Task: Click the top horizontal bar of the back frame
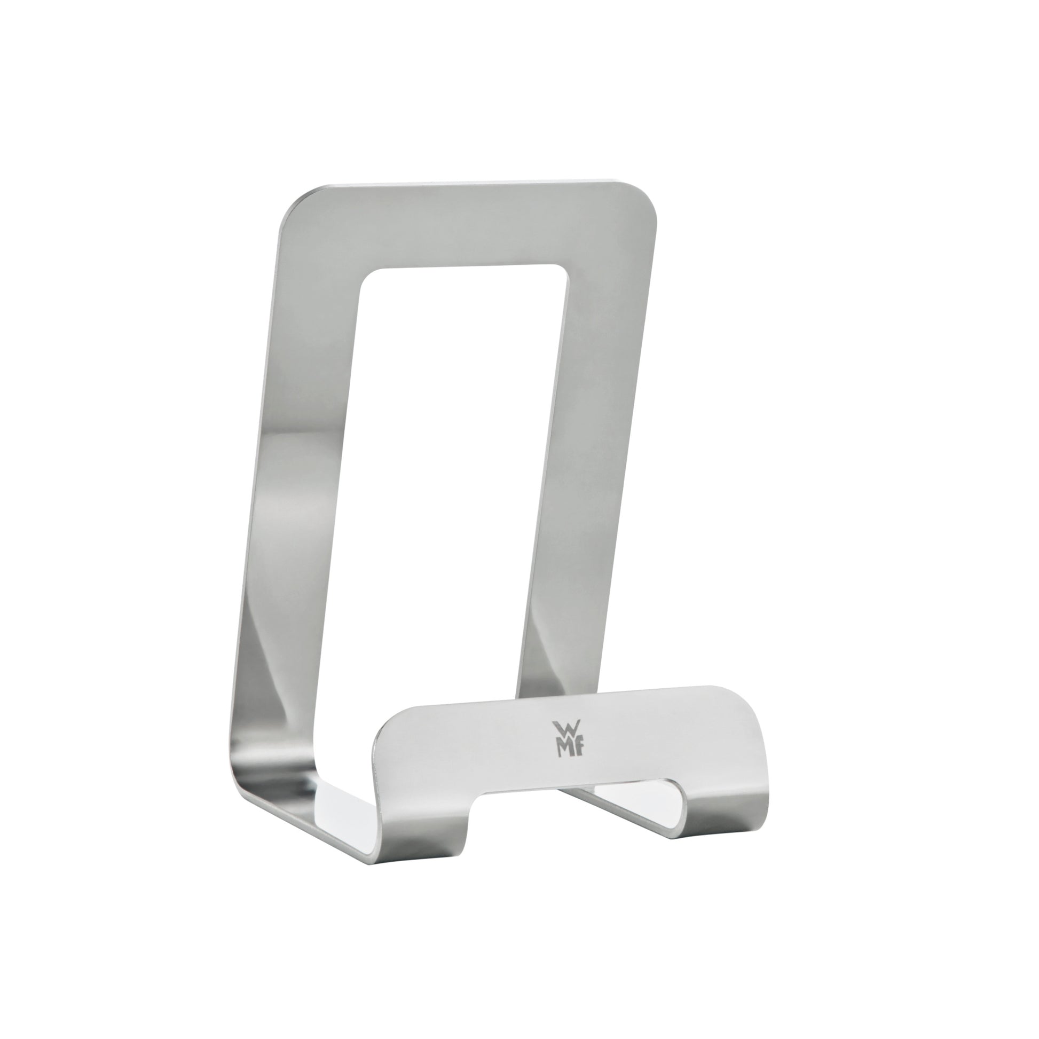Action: pyautogui.click(x=468, y=226)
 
